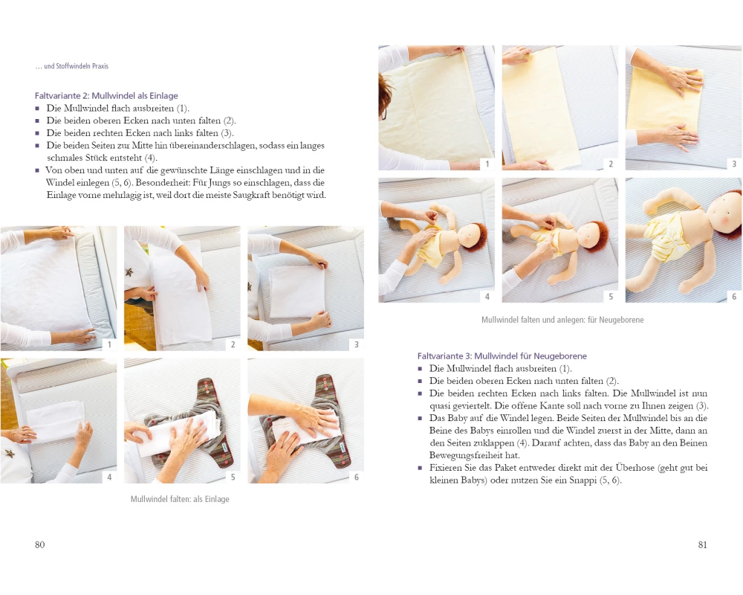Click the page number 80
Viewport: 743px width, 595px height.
pyautogui.click(x=40, y=544)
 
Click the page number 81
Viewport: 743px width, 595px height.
pyautogui.click(x=703, y=544)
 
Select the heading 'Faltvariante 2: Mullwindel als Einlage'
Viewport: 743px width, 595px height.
pyautogui.click(x=106, y=95)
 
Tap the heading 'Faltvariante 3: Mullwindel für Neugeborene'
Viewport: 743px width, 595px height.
pyautogui.click(x=502, y=356)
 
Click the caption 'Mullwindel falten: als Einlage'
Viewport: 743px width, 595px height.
pyautogui.click(x=180, y=499)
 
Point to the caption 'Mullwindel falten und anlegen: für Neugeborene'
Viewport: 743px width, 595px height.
pyautogui.click(x=562, y=320)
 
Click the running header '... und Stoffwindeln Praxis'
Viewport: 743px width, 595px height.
pyautogui.click(x=71, y=66)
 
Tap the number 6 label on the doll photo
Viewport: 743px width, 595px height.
pyautogui.click(x=734, y=297)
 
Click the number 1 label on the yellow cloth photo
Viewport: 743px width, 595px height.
pyautogui.click(x=487, y=164)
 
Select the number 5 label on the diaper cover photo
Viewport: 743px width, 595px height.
pyautogui.click(x=233, y=477)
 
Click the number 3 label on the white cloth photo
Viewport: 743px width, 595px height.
pyautogui.click(x=357, y=344)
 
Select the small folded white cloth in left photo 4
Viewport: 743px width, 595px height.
pyautogui.click(x=55, y=420)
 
